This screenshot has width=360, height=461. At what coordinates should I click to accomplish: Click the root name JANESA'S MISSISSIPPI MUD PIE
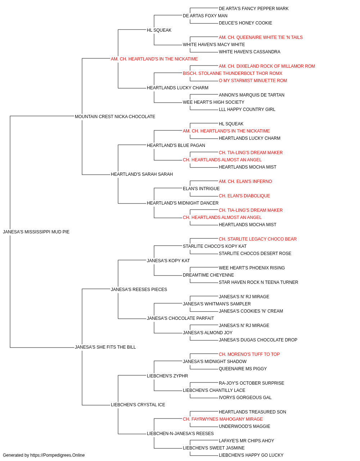(x=36, y=232)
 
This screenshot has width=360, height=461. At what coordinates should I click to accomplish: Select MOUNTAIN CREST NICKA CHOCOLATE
(x=115, y=117)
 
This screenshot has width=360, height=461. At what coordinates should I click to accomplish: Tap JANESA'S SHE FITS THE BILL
(x=105, y=347)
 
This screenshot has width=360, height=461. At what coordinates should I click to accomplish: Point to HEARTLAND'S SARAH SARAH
(x=141, y=174)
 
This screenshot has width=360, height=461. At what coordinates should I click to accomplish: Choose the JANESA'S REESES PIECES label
(x=139, y=289)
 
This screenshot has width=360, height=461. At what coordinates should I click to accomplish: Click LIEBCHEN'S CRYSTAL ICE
(x=138, y=404)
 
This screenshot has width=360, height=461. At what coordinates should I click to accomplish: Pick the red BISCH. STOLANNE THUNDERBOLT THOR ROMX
(x=232, y=73)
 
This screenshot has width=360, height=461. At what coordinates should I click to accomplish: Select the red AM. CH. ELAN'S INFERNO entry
(x=245, y=182)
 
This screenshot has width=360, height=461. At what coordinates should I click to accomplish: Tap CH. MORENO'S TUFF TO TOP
(x=249, y=354)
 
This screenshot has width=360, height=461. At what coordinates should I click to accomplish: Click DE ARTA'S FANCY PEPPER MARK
(x=253, y=9)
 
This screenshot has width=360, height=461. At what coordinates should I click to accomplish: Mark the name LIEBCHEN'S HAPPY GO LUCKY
(x=251, y=455)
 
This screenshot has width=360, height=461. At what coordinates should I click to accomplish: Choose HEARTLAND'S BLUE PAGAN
(x=176, y=145)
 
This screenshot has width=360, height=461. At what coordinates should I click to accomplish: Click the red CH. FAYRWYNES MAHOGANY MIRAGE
(x=222, y=419)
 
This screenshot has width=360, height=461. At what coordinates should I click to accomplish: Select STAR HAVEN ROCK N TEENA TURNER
(x=258, y=282)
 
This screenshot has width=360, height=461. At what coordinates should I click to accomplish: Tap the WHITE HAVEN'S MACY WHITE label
(x=214, y=45)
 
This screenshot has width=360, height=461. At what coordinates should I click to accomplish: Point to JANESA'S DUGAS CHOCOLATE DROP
(x=258, y=340)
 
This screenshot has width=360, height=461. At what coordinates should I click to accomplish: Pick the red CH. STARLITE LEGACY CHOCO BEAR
(x=258, y=239)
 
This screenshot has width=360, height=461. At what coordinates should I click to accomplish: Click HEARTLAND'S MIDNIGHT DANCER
(x=183, y=203)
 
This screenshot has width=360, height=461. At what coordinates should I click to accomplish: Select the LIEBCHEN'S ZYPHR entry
(x=167, y=376)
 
